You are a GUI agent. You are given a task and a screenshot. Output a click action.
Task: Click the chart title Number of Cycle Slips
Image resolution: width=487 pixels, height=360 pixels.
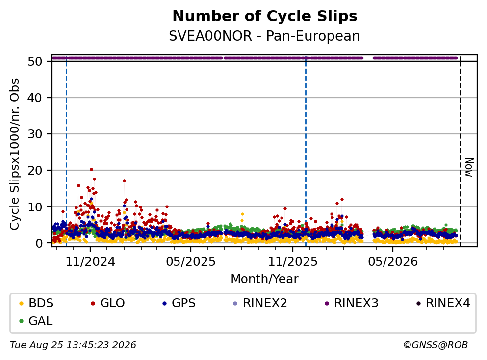[x=265, y=16]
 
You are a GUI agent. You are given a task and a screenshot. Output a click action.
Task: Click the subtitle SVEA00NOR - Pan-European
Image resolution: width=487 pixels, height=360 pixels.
[x=264, y=36]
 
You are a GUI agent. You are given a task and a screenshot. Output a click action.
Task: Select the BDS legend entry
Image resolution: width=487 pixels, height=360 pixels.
[x=36, y=303]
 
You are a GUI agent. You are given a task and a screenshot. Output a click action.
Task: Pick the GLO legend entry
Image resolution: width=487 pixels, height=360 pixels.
[x=108, y=303]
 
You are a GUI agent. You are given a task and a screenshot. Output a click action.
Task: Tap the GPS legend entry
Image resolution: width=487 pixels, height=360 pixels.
[x=179, y=303]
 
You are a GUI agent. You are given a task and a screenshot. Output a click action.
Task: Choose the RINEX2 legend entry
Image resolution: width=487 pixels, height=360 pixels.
[x=260, y=303]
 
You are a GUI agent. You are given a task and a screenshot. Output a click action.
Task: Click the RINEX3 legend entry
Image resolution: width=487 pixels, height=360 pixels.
[x=352, y=303]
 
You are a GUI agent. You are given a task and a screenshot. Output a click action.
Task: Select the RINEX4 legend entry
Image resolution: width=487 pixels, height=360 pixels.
[x=443, y=303]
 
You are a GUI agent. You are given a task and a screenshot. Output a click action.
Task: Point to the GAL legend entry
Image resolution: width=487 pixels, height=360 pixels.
[x=36, y=321]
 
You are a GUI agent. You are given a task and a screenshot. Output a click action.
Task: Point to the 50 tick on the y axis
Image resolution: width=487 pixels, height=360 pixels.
[x=35, y=61]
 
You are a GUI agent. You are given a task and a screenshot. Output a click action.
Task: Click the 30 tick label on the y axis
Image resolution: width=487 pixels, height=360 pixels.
[x=35, y=134]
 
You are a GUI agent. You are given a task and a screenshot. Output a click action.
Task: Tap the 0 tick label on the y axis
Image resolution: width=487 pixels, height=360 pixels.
[x=39, y=243]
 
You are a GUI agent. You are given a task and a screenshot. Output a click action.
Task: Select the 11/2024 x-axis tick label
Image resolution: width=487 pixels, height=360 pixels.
[x=90, y=262]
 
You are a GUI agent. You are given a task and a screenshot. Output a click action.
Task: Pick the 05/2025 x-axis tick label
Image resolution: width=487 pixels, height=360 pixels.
[x=191, y=262]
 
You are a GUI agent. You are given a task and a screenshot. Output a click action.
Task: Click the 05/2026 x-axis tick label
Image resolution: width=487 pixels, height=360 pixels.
[x=393, y=262]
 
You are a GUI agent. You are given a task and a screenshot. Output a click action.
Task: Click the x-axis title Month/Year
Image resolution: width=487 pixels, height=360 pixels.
[x=265, y=279]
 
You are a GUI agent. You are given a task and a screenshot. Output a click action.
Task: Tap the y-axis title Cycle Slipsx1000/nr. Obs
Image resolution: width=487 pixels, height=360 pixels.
[x=15, y=154]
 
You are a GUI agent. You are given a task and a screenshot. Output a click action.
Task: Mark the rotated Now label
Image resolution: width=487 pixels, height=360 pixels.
[x=469, y=167]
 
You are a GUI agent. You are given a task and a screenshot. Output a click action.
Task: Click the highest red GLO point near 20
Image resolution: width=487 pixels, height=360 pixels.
[x=91, y=170]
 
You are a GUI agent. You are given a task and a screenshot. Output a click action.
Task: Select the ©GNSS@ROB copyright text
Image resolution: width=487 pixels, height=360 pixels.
[x=436, y=345]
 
